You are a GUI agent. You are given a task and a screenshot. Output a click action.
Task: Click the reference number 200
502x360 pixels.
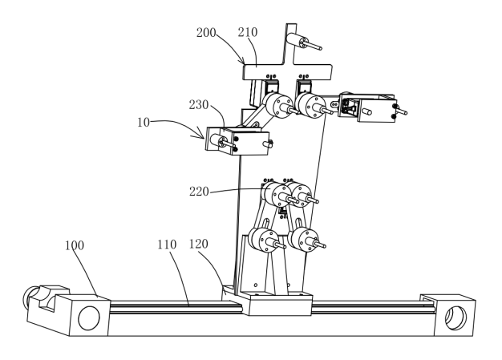click(x=206, y=32)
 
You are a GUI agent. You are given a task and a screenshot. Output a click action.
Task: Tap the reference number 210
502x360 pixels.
click(x=248, y=32)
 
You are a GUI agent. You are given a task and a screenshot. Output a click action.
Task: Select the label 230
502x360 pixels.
click(x=199, y=105)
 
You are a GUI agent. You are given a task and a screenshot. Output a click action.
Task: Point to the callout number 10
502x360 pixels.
click(x=144, y=122)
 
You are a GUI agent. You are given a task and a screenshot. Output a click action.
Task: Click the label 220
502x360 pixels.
click(x=199, y=192)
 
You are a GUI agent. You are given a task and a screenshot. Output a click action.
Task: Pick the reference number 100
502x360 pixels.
click(x=75, y=245)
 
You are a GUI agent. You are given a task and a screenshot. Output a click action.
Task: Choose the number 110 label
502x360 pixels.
click(x=167, y=245)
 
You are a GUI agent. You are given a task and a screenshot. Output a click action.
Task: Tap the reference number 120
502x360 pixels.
click(x=199, y=245)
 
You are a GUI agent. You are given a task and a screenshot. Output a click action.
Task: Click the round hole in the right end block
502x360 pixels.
click(x=456, y=318)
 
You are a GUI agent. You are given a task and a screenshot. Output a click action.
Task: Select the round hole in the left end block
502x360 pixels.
click(x=89, y=318)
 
